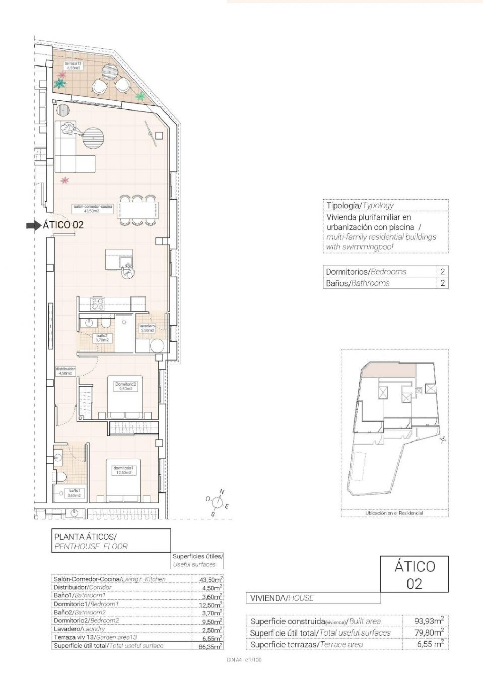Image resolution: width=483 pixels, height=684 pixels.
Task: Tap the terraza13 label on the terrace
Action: tap(71, 66)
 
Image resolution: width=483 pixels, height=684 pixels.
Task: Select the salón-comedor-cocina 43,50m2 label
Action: tap(93, 208)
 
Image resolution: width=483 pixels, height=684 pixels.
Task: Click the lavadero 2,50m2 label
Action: tap(147, 328)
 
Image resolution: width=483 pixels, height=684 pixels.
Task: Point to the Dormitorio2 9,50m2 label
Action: tap(126, 386)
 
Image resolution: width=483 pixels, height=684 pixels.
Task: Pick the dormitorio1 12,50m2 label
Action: tap(123, 470)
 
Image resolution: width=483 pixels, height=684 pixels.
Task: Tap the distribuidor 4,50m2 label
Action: tap(65, 371)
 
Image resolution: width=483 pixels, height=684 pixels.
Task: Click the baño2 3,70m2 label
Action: tap(102, 338)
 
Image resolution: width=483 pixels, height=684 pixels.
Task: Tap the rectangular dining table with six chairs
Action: tap(138, 210)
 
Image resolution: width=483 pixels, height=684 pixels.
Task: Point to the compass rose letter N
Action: tap(222, 492)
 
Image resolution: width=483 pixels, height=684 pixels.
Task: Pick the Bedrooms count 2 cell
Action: tap(442, 271)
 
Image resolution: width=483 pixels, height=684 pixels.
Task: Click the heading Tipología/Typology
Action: tap(360, 205)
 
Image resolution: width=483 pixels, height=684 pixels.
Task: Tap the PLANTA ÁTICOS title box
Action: tap(111, 541)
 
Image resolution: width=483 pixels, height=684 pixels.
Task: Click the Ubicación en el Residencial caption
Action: tap(394, 513)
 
